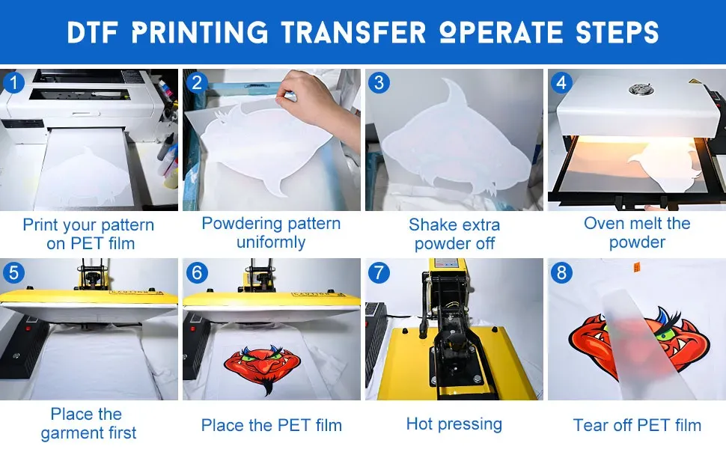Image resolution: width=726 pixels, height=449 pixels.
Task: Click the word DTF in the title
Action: tap(92, 32)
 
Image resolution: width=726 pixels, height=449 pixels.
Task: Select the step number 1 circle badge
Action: tap(13, 83)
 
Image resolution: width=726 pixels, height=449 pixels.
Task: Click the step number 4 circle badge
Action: tap(561, 82)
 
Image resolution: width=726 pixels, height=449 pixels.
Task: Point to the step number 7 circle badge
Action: tap(379, 272)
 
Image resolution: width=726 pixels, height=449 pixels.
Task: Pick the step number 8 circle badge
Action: tap(561, 272)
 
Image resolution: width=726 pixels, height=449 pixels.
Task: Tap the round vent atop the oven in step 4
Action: tap(641, 89)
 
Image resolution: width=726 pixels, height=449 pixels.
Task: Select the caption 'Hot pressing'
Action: tap(454, 424)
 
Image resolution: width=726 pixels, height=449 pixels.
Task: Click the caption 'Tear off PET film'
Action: tap(637, 425)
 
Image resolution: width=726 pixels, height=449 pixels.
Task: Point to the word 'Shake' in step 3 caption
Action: tap(430, 225)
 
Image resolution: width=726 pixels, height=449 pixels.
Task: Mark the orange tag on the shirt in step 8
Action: tap(637, 266)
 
